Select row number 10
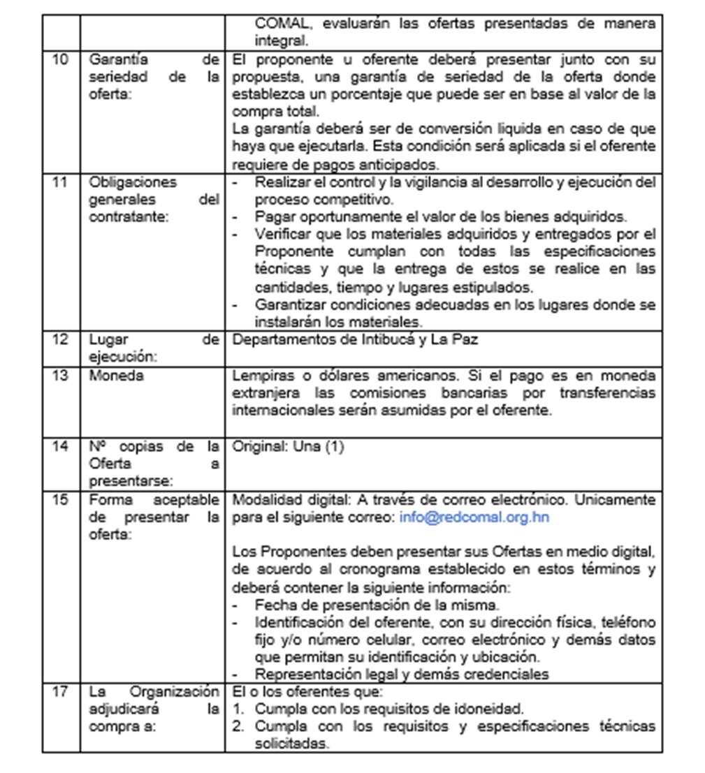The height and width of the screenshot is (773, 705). [x=61, y=59]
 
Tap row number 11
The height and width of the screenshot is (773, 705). [x=61, y=182]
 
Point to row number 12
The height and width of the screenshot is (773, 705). [x=61, y=339]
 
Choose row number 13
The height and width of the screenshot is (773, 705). [x=61, y=375]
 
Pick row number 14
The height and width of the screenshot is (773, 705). [x=61, y=446]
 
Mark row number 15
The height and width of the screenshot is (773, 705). [x=61, y=500]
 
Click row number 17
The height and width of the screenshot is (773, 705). [x=61, y=692]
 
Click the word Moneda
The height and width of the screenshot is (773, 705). [x=116, y=375]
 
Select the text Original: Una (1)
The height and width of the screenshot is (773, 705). [x=288, y=446]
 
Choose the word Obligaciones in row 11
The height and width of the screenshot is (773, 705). [x=133, y=182]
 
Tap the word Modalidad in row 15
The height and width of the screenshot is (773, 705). [x=261, y=500]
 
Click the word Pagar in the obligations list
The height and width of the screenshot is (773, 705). [x=271, y=216]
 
